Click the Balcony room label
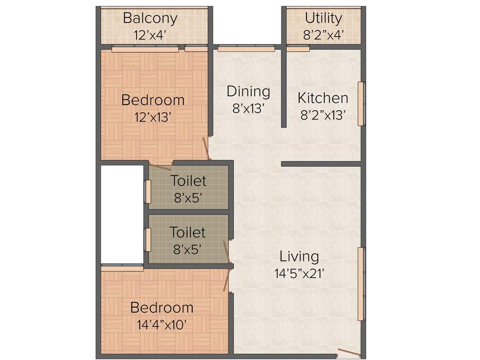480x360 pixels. pos(150,18)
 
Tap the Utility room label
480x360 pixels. pos(323,18)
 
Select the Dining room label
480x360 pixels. pos(248,91)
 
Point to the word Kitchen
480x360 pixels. pos(323,98)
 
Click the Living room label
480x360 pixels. pos(299,256)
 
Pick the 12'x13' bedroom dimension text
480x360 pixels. pos(153,117)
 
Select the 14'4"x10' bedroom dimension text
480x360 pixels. pos(162,324)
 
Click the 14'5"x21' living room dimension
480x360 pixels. pos(300,273)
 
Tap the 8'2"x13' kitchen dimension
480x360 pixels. pos(323,115)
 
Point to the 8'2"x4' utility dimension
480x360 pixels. pos(323,35)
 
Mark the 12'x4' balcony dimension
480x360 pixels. pos(150,35)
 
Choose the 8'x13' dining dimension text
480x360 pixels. pos(249,108)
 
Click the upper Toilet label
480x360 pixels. pos(188,180)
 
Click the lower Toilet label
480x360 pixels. pos(187,232)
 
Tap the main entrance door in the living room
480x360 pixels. pos(349,352)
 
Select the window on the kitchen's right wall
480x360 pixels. pos(361,104)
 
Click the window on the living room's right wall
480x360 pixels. pos(361,284)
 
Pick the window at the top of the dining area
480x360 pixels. pos(246,47)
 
